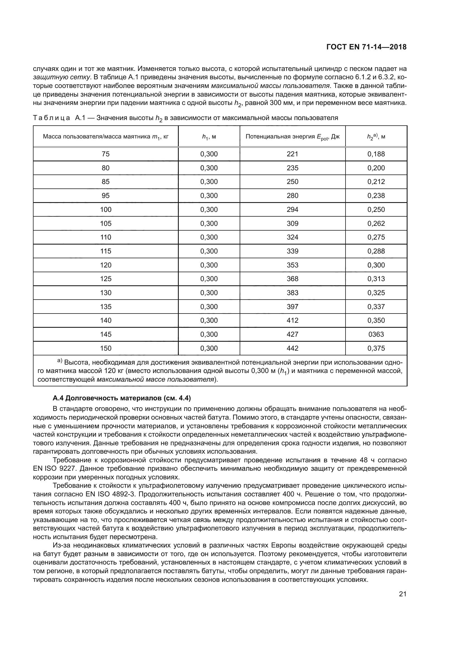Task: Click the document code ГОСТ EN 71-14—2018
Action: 366,47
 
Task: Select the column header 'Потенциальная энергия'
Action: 292,137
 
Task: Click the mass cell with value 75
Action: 106,154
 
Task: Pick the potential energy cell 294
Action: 292,210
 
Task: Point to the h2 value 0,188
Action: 376,154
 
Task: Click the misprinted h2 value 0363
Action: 376,334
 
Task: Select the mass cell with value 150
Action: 106,348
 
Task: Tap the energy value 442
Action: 292,348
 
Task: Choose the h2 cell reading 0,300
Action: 376,265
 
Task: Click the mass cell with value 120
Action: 106,265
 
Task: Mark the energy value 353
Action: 292,265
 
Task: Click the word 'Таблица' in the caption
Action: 51,118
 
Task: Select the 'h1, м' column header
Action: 209,137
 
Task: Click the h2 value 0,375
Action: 376,348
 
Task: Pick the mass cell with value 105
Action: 106,224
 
